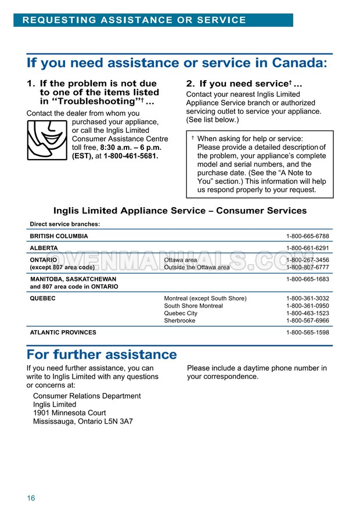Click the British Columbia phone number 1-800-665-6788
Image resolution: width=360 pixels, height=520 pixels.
click(x=307, y=236)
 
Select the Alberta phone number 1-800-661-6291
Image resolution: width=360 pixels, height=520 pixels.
click(x=307, y=248)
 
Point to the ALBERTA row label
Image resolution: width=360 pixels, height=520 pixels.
click(x=44, y=248)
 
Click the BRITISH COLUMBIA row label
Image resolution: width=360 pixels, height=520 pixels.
click(x=59, y=236)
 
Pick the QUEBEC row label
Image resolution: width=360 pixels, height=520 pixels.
click(x=42, y=298)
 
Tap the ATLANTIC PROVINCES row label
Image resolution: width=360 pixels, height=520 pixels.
click(x=63, y=333)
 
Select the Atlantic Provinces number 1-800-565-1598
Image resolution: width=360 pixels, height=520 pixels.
click(x=307, y=333)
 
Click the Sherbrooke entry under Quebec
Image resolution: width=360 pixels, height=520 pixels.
click(x=179, y=320)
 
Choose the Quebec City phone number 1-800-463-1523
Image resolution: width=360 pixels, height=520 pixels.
click(x=307, y=313)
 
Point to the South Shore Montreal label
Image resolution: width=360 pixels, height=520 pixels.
click(x=193, y=306)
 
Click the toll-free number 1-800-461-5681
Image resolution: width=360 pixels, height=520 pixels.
click(x=131, y=156)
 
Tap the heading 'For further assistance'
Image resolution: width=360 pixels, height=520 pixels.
click(x=102, y=355)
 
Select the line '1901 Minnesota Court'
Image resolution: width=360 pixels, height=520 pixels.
click(x=69, y=413)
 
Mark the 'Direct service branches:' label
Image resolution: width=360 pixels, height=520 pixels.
click(x=64, y=224)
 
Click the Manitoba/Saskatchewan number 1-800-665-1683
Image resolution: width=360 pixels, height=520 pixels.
click(x=307, y=279)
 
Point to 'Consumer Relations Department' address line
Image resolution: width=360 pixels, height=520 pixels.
click(x=87, y=396)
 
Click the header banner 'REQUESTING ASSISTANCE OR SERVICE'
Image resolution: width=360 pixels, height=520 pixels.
click(x=134, y=20)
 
